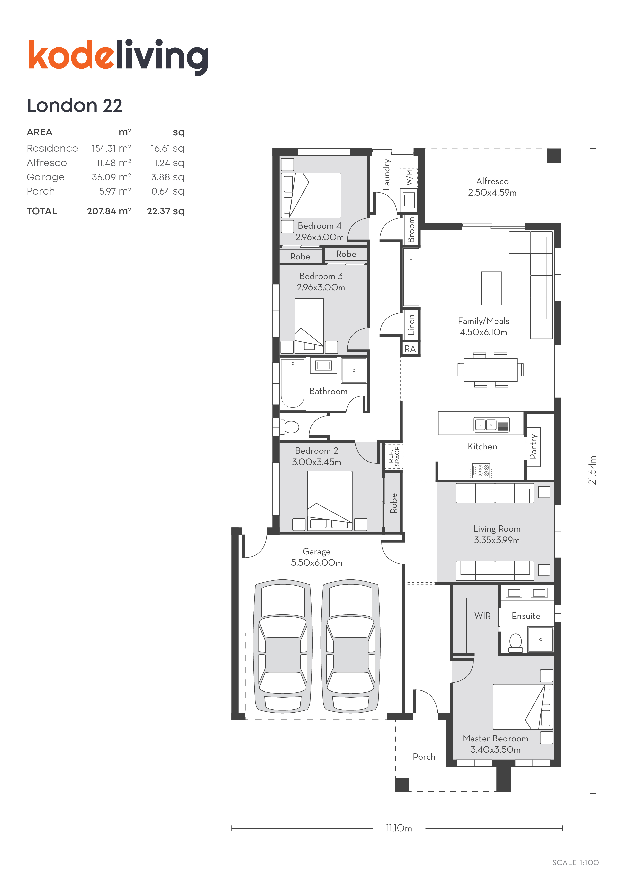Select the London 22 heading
click(x=75, y=105)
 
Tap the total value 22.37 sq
click(x=166, y=211)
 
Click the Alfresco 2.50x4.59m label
click(x=492, y=187)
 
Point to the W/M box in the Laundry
click(x=409, y=177)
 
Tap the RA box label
click(x=410, y=349)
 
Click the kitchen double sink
click(x=491, y=425)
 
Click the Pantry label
click(x=533, y=446)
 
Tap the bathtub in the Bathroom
click(x=293, y=383)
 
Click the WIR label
click(x=482, y=616)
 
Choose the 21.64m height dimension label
click(x=593, y=470)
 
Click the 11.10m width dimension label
click(x=399, y=828)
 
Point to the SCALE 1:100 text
click(x=575, y=863)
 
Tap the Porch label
click(x=424, y=756)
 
